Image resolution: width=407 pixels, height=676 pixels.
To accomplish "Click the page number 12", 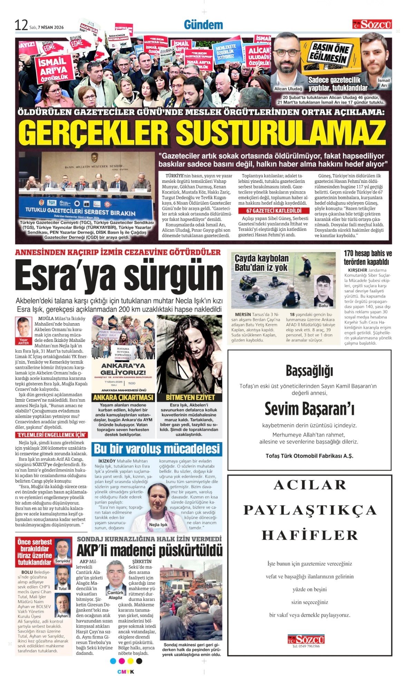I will coord(21,25).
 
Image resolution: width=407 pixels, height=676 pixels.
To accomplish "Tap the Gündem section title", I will coord(203,25).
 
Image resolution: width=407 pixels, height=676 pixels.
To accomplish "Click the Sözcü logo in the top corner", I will coord(372,24).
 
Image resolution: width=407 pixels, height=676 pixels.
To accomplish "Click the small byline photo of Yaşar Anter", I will coord(23,327).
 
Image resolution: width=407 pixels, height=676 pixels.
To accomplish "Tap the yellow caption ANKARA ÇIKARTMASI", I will coord(123,398).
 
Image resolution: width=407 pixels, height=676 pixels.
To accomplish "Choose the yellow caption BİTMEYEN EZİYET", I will coord(190,398).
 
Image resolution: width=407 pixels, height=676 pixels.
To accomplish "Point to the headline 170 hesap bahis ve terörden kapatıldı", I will coord(368,258).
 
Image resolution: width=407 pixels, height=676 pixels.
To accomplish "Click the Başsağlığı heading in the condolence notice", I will coord(309,371).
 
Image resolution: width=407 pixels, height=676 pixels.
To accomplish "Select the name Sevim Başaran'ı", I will coord(309,409).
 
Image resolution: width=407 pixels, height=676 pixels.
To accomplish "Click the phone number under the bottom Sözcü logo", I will coord(306,646).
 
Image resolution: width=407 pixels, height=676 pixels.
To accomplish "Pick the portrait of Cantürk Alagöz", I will coord(115,575).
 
